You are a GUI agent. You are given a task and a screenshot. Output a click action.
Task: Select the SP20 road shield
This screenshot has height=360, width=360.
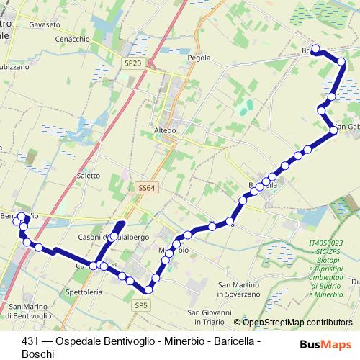click(x=132, y=63)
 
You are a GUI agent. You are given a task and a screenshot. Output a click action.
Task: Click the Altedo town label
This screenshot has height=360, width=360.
click(x=166, y=130)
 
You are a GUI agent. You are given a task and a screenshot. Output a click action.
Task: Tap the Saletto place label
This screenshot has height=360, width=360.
click(x=88, y=175)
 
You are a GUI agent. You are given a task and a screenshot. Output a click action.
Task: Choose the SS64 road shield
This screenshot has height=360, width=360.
click(x=145, y=188)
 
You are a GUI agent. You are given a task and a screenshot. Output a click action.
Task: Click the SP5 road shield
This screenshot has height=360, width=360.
click(x=141, y=305)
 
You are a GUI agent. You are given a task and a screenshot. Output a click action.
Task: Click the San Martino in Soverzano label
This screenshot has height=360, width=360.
click(x=238, y=289)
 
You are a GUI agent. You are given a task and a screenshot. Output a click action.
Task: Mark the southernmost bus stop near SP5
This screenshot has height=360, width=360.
click(x=148, y=290)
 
